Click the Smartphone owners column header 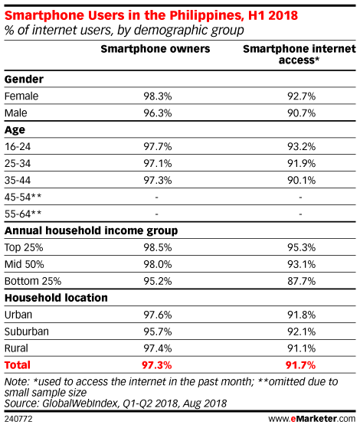(155, 49)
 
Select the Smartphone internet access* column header (299, 54)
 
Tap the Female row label (21, 96)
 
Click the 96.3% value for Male (158, 113)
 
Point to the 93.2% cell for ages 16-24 (301, 146)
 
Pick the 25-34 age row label (18, 164)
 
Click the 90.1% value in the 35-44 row (301, 180)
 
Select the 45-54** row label (23, 197)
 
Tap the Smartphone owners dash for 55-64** (156, 214)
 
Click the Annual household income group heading (91, 230)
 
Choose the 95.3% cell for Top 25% (301, 247)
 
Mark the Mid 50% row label (24, 264)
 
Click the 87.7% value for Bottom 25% (301, 281)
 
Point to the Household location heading (56, 298)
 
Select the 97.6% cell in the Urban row (158, 315)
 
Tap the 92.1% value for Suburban (301, 332)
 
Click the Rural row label (16, 348)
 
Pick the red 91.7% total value (300, 365)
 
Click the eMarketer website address (312, 419)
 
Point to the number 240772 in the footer (18, 419)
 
